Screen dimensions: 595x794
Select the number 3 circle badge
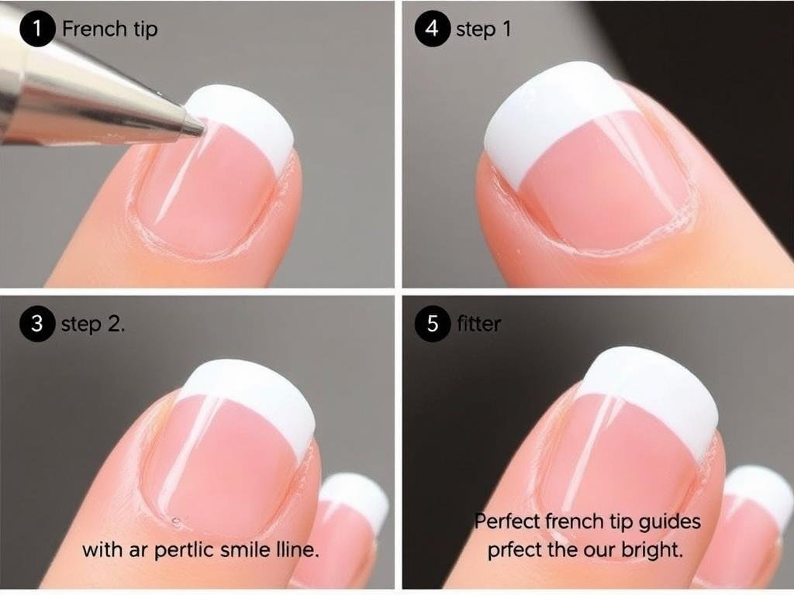pos(36,324)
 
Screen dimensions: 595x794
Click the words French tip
pos(109,29)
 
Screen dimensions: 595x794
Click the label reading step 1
pos(483,30)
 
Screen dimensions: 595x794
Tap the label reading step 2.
pos(93,324)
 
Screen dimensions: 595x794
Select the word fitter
pos(478,324)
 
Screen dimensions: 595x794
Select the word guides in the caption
pos(665,521)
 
